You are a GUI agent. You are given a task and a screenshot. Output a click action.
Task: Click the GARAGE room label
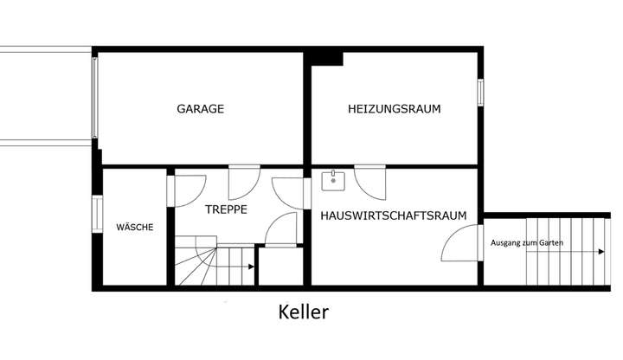pyautogui.click(x=200, y=110)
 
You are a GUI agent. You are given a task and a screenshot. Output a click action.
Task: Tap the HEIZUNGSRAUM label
pyautogui.click(x=394, y=110)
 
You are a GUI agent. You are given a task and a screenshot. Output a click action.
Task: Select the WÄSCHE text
pyautogui.click(x=135, y=228)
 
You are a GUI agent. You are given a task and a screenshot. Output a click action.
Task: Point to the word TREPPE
pyautogui.click(x=227, y=209)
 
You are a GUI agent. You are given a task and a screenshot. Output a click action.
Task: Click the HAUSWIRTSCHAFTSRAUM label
pyautogui.click(x=394, y=215)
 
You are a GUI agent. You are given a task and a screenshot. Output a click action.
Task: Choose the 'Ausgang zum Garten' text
pyautogui.click(x=526, y=243)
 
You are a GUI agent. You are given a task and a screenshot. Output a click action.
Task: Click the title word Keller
pyautogui.click(x=304, y=312)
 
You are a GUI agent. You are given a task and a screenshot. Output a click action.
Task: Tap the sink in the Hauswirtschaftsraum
pyautogui.click(x=333, y=180)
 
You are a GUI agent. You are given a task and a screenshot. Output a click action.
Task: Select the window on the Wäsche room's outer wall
pyautogui.click(x=97, y=215)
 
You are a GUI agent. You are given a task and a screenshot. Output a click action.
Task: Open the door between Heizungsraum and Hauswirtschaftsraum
pyautogui.click(x=369, y=179)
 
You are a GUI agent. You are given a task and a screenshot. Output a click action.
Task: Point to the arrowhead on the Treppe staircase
pyautogui.click(x=250, y=268)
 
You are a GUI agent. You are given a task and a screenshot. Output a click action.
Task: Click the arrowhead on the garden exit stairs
pyautogui.click(x=601, y=252)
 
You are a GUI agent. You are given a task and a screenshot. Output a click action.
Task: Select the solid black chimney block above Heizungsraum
pyautogui.click(x=325, y=58)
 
